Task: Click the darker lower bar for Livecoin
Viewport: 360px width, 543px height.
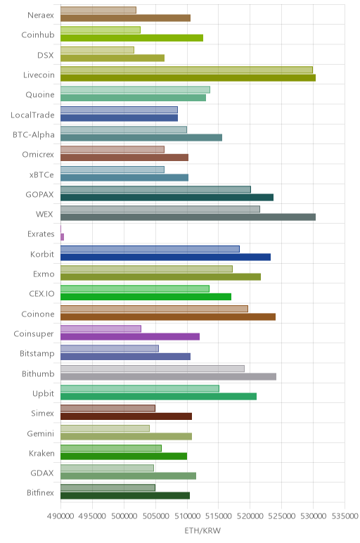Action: click(188, 78)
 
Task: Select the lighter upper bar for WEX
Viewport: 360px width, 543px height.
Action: click(160, 209)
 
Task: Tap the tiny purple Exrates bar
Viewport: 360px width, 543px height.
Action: click(63, 237)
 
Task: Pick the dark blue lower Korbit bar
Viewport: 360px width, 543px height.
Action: click(165, 257)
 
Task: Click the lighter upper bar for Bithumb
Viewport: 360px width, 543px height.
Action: click(153, 369)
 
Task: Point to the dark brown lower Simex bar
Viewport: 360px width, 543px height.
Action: click(127, 416)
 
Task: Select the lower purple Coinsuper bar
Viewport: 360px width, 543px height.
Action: click(130, 337)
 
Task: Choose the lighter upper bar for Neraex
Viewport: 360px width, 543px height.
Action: click(98, 10)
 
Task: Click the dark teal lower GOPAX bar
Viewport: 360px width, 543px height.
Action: click(167, 198)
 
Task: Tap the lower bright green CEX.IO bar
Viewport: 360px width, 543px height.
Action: click(146, 297)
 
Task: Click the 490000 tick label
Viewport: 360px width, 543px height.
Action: click(60, 516)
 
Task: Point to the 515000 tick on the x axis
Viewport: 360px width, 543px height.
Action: click(218, 516)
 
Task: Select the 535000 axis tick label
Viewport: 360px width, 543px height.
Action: click(345, 516)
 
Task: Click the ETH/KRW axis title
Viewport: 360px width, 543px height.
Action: click(202, 530)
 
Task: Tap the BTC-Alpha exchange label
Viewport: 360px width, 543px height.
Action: click(34, 134)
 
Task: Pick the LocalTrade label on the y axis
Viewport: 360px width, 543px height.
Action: click(32, 115)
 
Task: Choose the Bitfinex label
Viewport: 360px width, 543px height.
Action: click(41, 492)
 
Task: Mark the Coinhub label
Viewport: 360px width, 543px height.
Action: click(38, 34)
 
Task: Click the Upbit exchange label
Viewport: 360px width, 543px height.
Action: click(44, 393)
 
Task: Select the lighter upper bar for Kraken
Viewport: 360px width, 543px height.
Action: click(111, 448)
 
